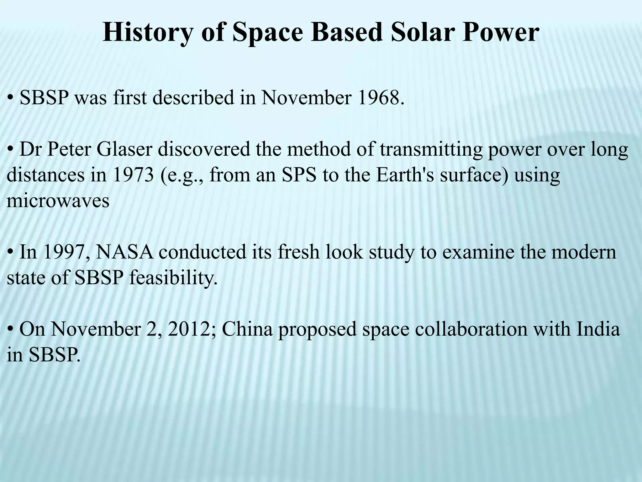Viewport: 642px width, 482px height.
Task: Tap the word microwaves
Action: [58, 201]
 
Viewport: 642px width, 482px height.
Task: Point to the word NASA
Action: [124, 252]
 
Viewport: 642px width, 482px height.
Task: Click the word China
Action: [247, 329]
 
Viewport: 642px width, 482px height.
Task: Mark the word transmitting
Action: [431, 149]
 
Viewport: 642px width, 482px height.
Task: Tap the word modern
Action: [583, 252]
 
